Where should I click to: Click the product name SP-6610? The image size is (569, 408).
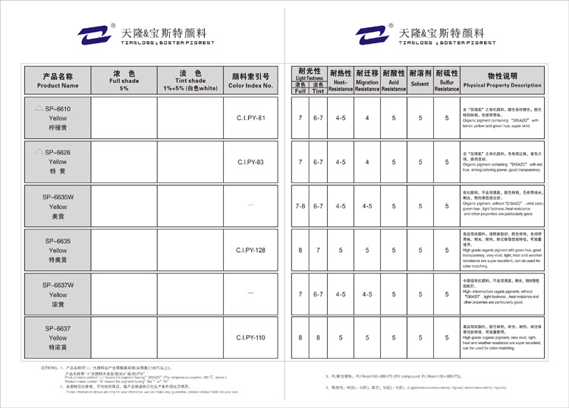tap(58, 109)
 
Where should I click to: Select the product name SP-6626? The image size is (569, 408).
tap(58, 153)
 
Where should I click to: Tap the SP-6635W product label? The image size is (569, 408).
tap(58, 197)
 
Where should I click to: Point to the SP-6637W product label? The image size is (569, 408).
tap(58, 285)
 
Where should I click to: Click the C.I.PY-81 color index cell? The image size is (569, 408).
tap(250, 119)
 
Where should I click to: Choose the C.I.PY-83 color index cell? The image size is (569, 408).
tap(250, 162)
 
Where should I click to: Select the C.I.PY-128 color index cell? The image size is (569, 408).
tap(250, 250)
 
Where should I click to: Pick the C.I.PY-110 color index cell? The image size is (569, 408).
tap(250, 337)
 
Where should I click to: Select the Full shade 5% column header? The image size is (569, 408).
tap(124, 80)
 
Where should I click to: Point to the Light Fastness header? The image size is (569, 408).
tap(310, 73)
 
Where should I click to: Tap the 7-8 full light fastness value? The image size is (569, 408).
tap(300, 206)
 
